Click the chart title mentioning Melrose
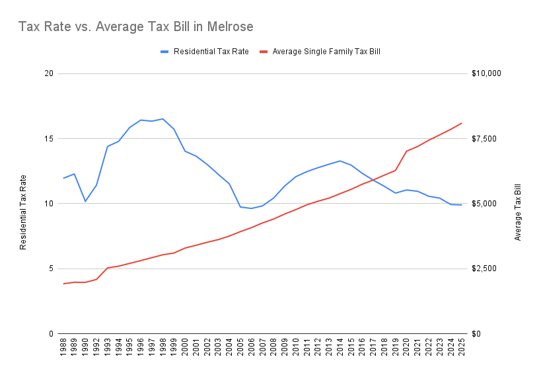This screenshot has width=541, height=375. click(135, 27)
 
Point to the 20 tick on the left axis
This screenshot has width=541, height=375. click(48, 73)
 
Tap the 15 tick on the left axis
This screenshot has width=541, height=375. click(48, 139)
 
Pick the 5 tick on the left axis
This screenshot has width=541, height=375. click(50, 269)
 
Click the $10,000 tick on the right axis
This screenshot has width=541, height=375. click(487, 73)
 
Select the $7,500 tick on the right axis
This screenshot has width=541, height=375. click(486, 139)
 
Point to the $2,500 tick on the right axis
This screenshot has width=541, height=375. click(486, 269)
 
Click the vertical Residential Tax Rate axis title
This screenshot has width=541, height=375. click(23, 212)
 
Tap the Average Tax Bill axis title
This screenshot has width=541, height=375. click(518, 212)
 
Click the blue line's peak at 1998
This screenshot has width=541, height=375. click(162, 119)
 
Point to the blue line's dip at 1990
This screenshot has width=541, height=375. click(85, 201)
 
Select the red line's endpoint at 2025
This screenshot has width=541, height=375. click(462, 123)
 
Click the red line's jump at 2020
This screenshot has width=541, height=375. click(406, 151)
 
